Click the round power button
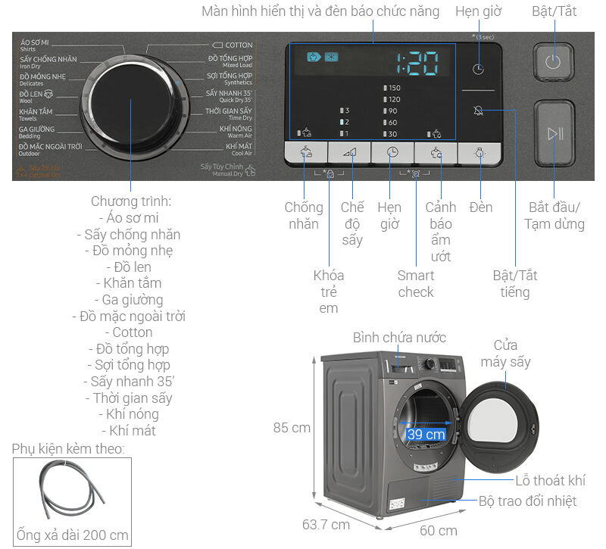(x=554, y=61)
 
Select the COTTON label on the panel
(x=233, y=45)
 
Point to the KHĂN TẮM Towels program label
(x=36, y=114)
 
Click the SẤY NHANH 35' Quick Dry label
(x=229, y=95)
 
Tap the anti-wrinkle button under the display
(x=306, y=152)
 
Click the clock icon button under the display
(x=392, y=152)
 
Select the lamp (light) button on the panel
(x=479, y=152)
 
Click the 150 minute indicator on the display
(x=392, y=88)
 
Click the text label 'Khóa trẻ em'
(x=328, y=292)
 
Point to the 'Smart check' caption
(x=416, y=283)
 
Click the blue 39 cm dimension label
(x=426, y=435)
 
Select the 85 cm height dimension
(x=292, y=428)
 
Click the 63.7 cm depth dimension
(x=326, y=524)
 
